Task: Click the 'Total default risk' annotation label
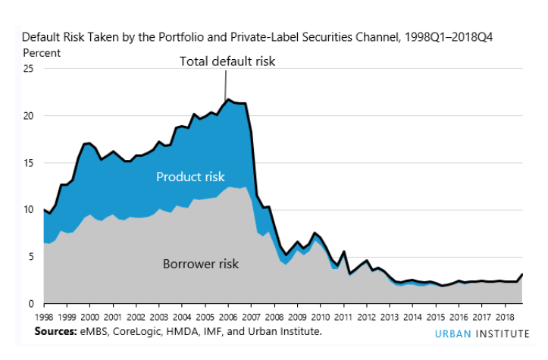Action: (227, 61)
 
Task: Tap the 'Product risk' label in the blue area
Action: (190, 177)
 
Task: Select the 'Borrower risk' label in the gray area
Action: (201, 264)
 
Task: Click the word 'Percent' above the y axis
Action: (41, 53)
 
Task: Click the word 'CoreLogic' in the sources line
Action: (139, 332)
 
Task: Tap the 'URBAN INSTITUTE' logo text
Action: (482, 334)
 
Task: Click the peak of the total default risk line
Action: (229, 99)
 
